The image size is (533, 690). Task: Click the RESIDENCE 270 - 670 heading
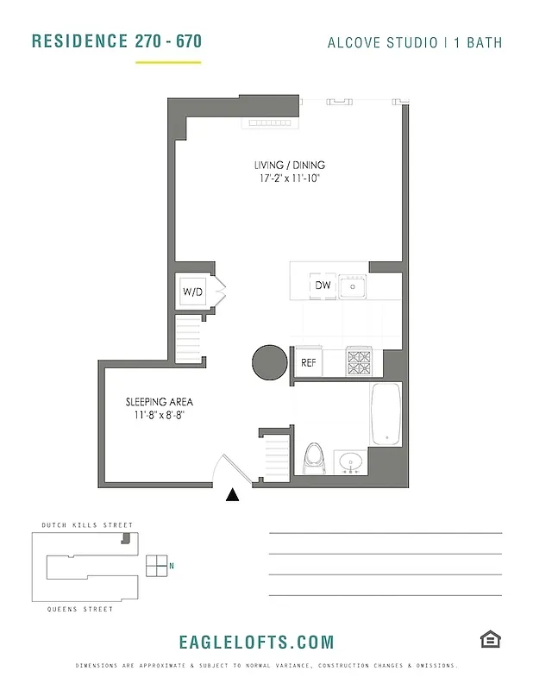[116, 41]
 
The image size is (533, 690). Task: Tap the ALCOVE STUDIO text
[382, 42]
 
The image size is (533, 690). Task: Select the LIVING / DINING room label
[289, 165]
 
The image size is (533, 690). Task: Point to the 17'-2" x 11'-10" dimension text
[289, 179]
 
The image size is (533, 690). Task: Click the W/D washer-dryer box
[192, 292]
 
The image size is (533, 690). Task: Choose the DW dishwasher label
[323, 285]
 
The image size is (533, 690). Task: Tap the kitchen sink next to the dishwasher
[353, 285]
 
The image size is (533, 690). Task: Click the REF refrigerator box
[309, 362]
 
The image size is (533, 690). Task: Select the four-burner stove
[358, 361]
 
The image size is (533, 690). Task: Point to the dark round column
[269, 362]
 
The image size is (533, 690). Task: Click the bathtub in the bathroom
[386, 414]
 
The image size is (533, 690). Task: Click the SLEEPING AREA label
[159, 402]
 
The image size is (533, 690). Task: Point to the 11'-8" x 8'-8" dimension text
[160, 416]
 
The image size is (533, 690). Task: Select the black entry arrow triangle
[233, 495]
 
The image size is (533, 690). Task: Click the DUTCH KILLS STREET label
[87, 525]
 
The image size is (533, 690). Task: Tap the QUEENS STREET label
[80, 610]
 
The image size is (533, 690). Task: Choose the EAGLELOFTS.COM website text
[255, 642]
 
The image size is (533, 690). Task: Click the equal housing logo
[491, 638]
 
